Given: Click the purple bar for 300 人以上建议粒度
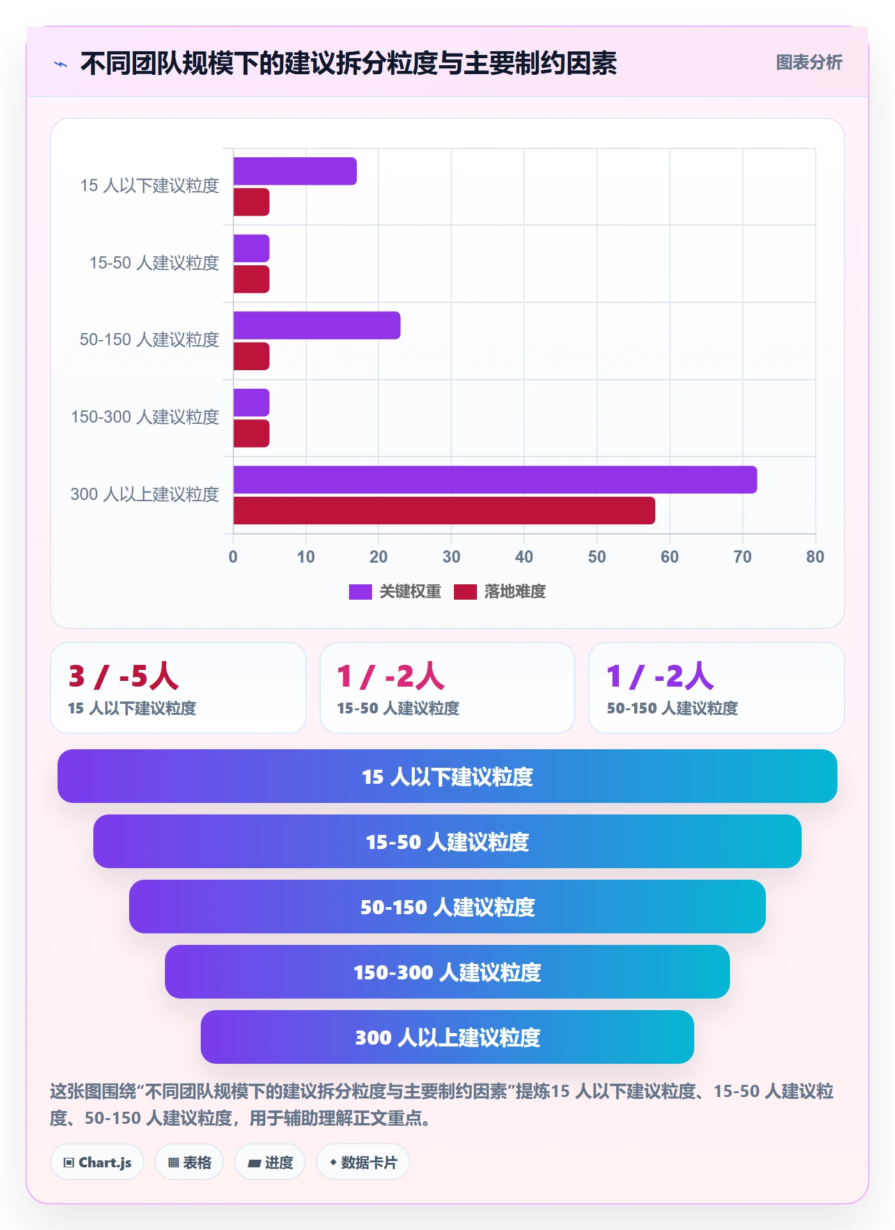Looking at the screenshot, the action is point(495,479).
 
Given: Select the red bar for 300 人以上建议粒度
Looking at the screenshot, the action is point(444,510).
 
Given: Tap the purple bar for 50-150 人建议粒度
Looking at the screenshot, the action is point(316,325).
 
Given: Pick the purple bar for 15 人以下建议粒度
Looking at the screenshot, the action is point(295,171).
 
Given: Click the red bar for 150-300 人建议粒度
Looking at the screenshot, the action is point(251,433).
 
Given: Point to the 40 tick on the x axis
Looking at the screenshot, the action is point(524,557).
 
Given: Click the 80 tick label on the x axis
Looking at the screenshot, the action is point(815,557).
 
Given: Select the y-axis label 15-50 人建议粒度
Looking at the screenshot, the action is point(154,263).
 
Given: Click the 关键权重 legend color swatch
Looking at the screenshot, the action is point(361,592).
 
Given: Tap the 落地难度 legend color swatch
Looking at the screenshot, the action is point(465,592).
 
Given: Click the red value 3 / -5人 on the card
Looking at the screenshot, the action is point(123,676).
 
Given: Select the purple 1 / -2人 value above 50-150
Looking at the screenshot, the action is point(660,676).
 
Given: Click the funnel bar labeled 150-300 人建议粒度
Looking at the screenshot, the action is point(447,972).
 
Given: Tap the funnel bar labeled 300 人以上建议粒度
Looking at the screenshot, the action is point(447,1037).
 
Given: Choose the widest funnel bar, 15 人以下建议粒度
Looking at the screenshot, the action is point(447,776).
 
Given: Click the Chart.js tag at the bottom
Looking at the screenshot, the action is point(97,1162).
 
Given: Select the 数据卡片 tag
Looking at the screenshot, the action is point(363,1162).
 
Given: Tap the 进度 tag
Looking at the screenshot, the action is point(270,1162).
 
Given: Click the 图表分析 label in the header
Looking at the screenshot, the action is point(809,62).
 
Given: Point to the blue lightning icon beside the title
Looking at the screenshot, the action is point(61,64).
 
